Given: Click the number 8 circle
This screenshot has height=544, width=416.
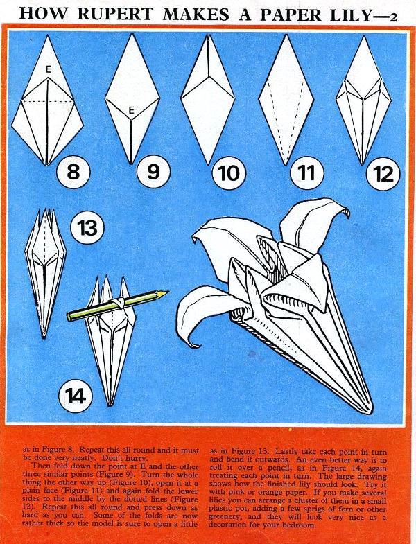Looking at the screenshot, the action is [73, 171].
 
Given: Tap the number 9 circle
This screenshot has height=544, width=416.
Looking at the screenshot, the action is [153, 171].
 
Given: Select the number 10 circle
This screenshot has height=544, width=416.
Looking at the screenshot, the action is [229, 173].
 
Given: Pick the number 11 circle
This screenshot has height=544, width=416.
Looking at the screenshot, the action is [306, 172].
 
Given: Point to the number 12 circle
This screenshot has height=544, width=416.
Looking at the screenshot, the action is [383, 173].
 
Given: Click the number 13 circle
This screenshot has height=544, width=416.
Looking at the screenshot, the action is [87, 228].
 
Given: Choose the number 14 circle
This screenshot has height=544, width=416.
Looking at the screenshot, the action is [76, 396].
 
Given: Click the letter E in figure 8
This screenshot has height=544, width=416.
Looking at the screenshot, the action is [49, 70].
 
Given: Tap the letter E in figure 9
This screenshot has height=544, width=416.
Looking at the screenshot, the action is [131, 111].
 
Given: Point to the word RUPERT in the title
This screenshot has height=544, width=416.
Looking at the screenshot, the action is [114, 15].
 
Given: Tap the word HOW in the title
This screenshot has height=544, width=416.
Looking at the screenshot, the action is [43, 15].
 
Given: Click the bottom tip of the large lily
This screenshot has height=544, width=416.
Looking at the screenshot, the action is [370, 409].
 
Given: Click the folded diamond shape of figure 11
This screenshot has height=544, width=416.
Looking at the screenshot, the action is [286, 100].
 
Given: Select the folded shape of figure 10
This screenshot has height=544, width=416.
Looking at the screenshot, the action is [208, 99].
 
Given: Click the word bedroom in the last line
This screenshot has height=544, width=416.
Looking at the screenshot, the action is [296, 525].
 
